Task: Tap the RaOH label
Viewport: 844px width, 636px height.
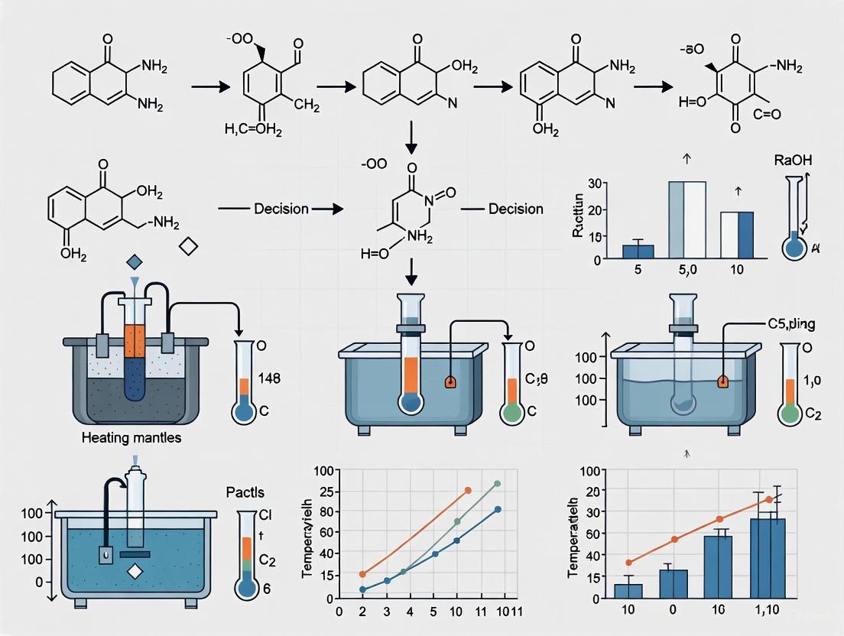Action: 792,161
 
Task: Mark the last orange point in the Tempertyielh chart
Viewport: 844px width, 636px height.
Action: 468,490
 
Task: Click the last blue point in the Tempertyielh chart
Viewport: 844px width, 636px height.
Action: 498,509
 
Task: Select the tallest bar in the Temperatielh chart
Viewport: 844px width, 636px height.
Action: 767,558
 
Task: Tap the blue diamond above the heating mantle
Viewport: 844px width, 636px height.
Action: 134,262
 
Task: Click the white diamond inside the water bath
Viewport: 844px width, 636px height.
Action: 135,570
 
